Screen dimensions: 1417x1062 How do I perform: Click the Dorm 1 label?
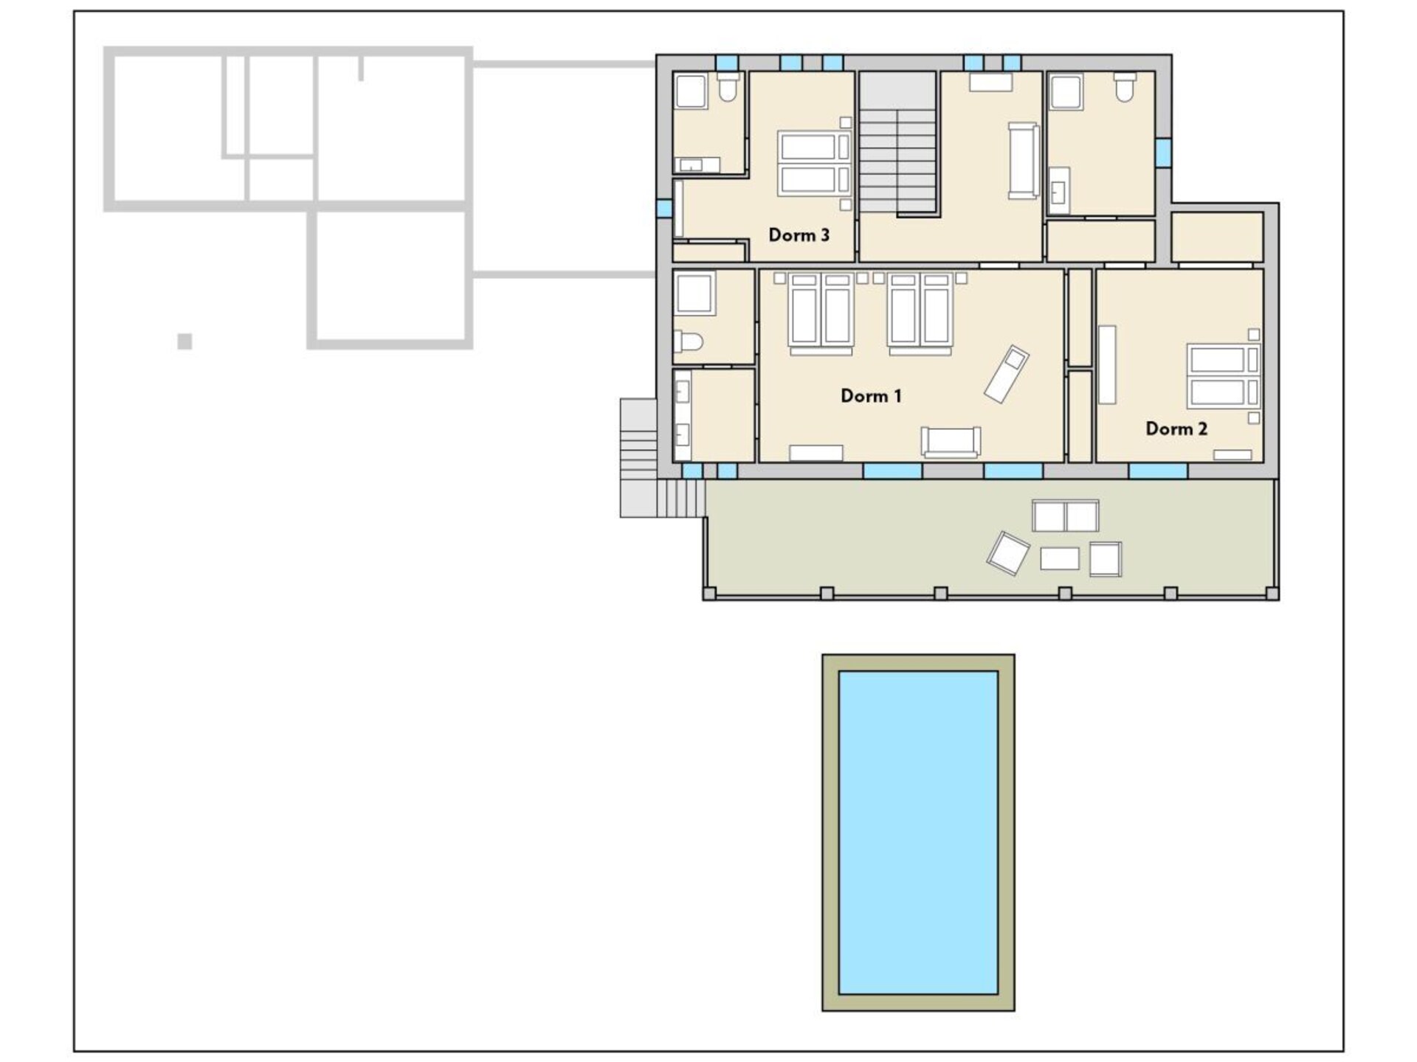[871, 396]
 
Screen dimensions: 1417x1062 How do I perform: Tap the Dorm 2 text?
[1176, 428]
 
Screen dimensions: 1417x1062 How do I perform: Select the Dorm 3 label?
[799, 235]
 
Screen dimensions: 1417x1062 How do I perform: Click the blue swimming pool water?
[918, 832]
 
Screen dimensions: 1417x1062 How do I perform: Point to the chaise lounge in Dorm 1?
[1007, 374]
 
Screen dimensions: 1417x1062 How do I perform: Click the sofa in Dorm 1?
[951, 442]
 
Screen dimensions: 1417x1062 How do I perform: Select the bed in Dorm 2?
[1223, 376]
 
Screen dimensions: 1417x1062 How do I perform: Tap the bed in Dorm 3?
[814, 163]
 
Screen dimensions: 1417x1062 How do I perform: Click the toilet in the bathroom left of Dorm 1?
[689, 342]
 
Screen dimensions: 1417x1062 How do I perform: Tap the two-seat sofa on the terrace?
[1065, 516]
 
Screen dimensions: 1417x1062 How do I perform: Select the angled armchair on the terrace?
[1008, 552]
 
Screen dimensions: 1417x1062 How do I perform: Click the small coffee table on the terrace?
[1060, 558]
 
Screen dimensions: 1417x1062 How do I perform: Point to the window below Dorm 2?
[1158, 471]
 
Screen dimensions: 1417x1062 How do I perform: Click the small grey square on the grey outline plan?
[185, 341]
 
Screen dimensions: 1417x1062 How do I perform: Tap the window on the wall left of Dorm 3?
[664, 207]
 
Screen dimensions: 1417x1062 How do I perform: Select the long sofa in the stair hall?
[1024, 161]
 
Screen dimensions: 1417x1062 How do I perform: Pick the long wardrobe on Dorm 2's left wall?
[1107, 365]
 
